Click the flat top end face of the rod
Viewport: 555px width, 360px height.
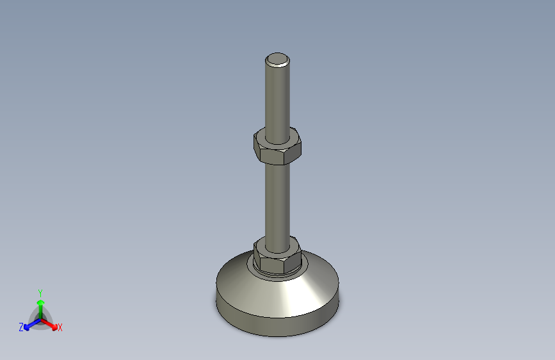[278, 60]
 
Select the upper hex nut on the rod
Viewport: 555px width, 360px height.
[277, 147]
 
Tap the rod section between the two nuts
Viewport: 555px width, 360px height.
[277, 199]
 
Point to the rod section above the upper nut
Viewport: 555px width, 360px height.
[277, 96]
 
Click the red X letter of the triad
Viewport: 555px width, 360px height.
[60, 328]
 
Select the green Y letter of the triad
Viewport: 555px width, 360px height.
[40, 292]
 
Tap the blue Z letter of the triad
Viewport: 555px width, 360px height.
[21, 327]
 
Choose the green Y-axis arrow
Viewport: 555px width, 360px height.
[40, 308]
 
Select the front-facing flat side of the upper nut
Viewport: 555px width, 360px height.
[279, 154]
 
